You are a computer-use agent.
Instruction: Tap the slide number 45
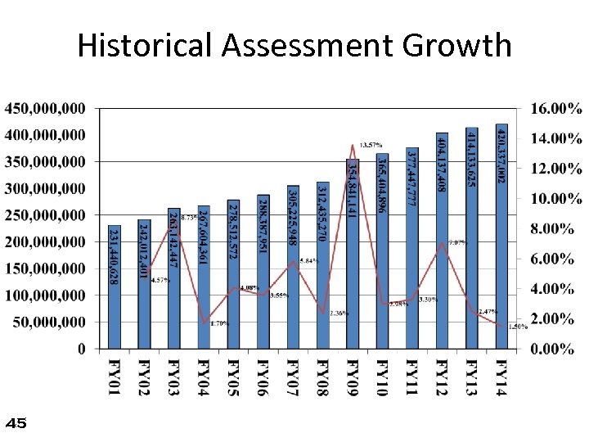pos(16,423)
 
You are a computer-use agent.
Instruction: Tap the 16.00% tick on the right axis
pos(555,108)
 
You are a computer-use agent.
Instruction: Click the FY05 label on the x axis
pos(233,379)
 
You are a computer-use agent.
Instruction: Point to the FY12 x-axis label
pos(441,379)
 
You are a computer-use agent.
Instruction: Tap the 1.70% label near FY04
pos(220,323)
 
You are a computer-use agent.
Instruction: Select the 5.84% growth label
pos(309,260)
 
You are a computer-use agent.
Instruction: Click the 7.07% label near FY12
pos(457,242)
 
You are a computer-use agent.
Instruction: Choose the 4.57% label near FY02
pos(160,280)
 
